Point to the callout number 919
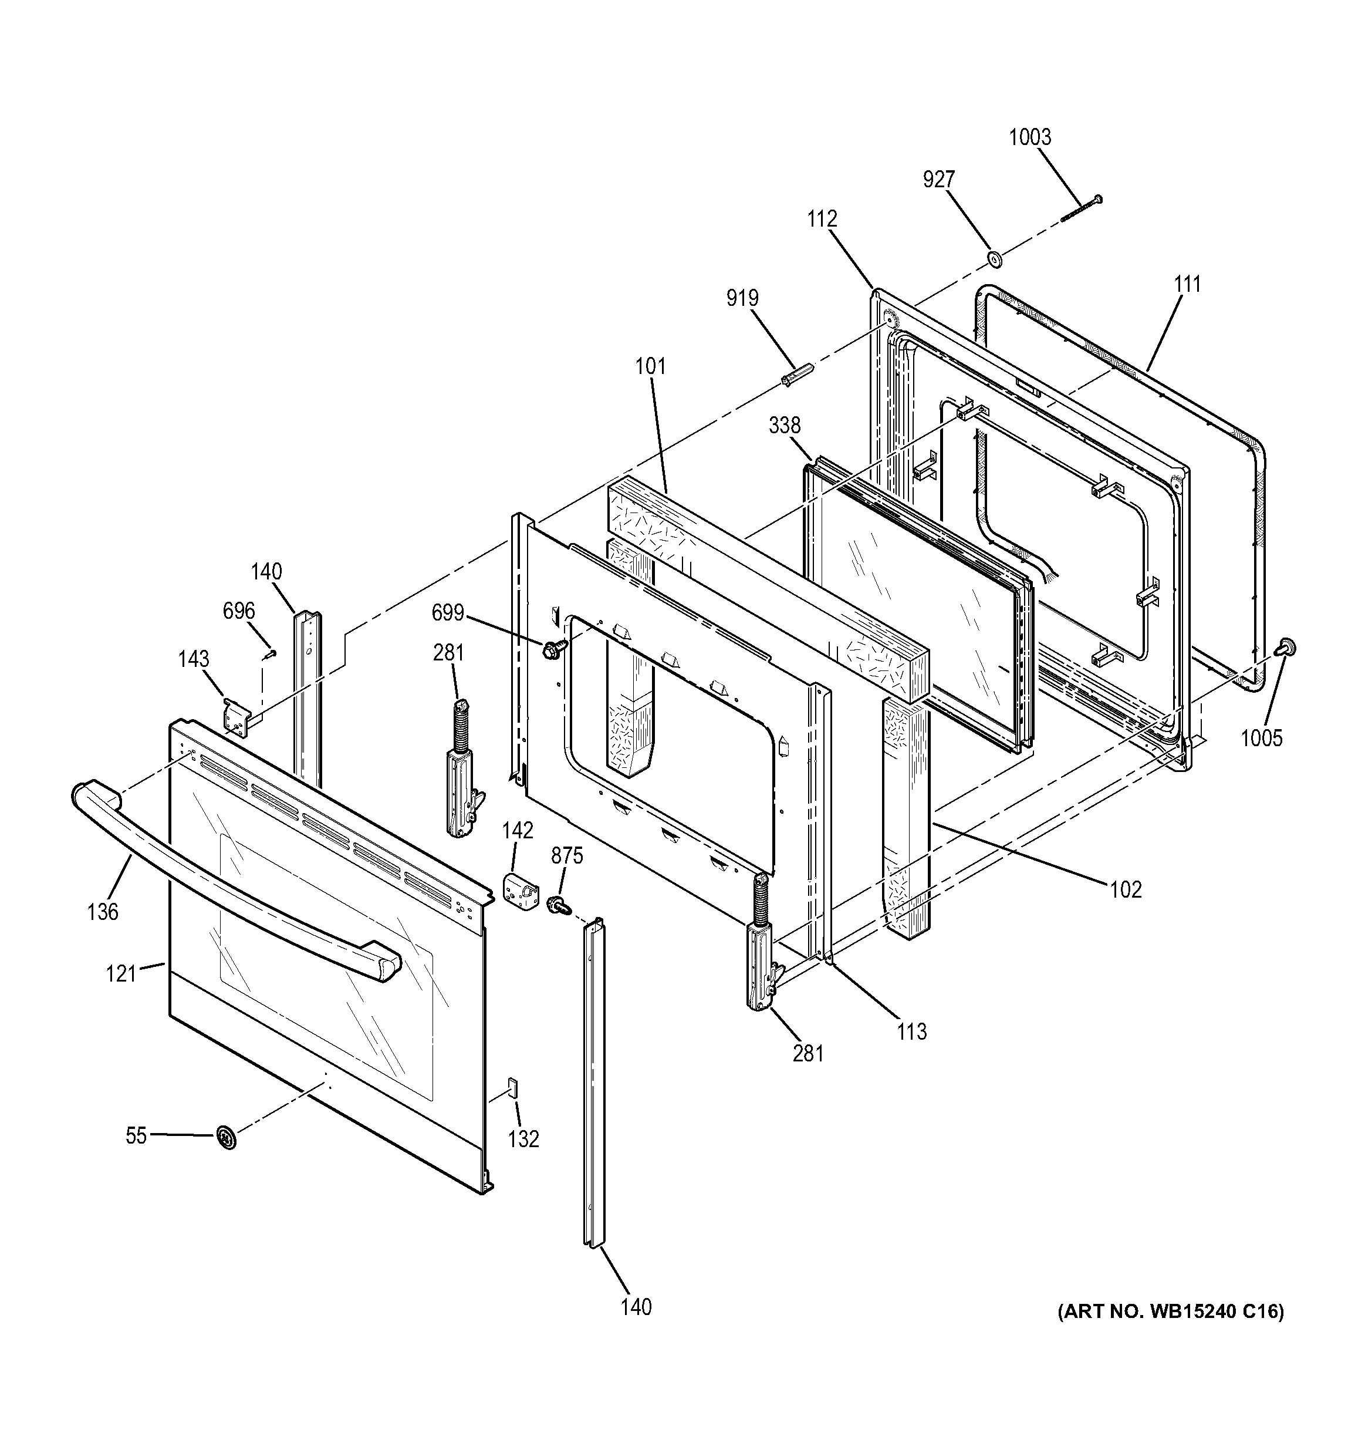pos(742,298)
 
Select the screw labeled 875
pos(559,905)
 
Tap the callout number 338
pos(784,426)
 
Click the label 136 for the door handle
pos(102,911)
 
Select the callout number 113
pos(911,1031)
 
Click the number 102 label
pos(1126,889)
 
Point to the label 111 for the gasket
pos(1187,284)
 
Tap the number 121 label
pos(121,973)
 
